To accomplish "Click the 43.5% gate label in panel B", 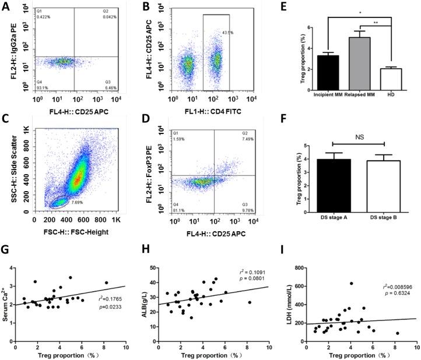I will coord(236,31).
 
